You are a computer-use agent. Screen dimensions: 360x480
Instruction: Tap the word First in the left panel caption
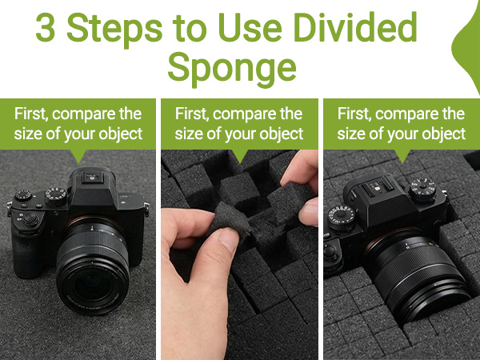[x=31, y=114]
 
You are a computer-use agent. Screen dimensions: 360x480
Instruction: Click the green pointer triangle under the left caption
[x=78, y=154]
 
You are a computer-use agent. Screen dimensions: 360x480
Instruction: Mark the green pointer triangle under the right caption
[x=400, y=154]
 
